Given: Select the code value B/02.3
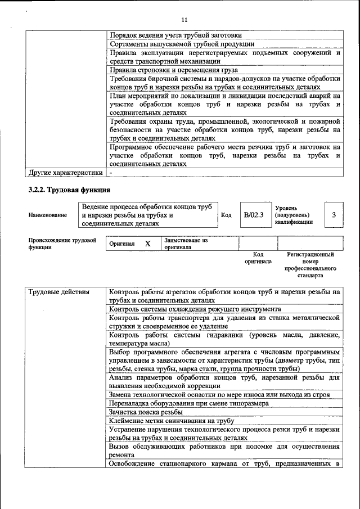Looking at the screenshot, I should (x=253, y=215).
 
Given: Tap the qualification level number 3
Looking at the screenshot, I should (x=334, y=215).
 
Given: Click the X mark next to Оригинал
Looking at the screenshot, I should (x=148, y=244).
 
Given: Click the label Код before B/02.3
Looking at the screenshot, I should (x=226, y=215).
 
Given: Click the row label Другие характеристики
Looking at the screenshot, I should (x=66, y=173).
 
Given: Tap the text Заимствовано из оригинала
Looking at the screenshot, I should (x=186, y=244).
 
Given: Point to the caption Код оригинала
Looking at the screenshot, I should (x=258, y=258).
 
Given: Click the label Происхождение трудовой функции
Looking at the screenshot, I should (x=62, y=244).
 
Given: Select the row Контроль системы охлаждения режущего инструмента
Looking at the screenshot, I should (x=195, y=309).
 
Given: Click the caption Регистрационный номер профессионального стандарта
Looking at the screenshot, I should (x=310, y=265).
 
